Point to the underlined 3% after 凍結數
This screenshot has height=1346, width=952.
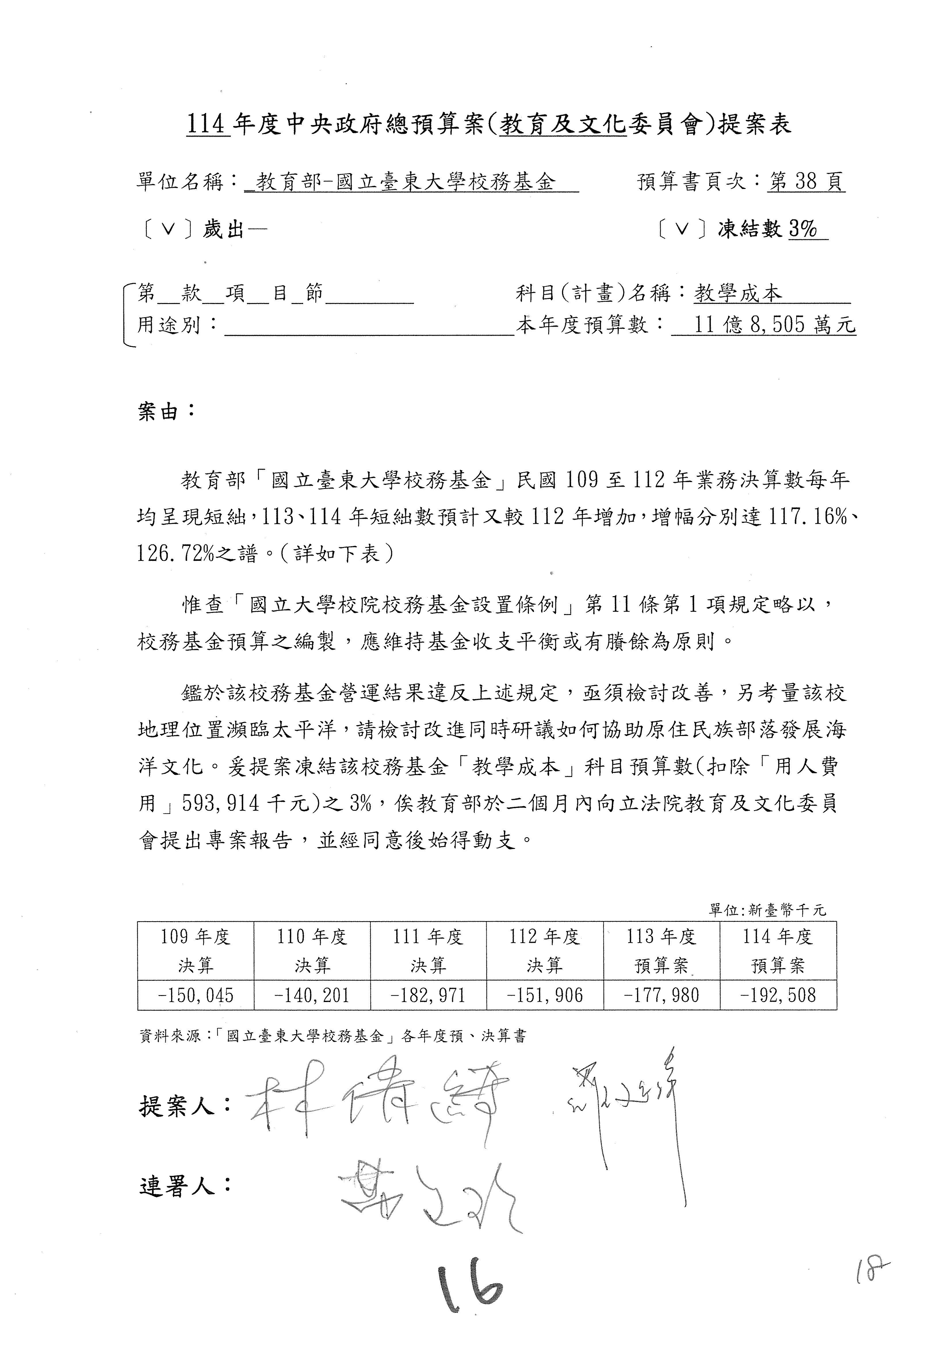(803, 229)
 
